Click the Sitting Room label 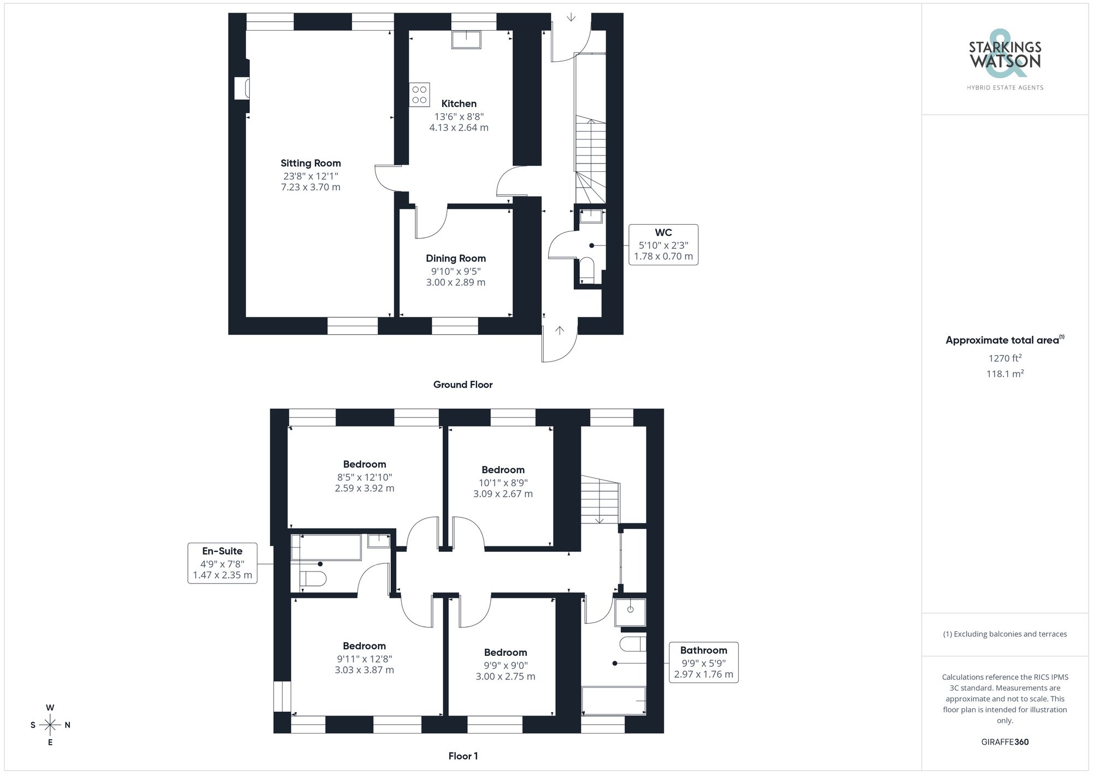point(310,163)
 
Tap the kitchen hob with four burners point(419,95)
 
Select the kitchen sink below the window point(466,40)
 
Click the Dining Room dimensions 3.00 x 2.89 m point(455,282)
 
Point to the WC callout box point(663,245)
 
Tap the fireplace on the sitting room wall point(243,88)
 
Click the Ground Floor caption point(462,385)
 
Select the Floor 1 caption point(462,756)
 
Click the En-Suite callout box point(222,563)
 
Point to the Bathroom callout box point(703,662)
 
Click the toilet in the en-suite point(314,578)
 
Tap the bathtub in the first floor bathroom point(613,701)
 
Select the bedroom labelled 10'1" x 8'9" point(503,481)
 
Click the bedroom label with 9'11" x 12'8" point(364,657)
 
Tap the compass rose point(50,725)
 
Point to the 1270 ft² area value point(1004,358)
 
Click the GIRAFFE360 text point(1004,742)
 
